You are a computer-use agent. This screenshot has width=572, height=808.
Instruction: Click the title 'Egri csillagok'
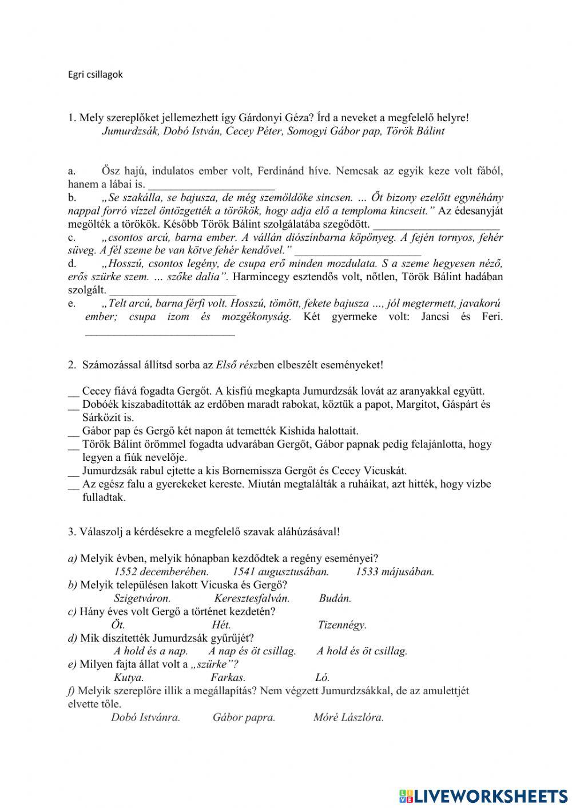(x=96, y=74)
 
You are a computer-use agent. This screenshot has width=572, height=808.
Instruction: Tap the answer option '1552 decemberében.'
(x=161, y=571)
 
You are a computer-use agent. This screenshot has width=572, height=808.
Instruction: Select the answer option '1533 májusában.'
(x=395, y=571)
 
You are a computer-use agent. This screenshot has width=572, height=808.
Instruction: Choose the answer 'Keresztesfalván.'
(x=252, y=599)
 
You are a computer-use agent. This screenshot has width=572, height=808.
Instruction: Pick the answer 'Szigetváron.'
(x=142, y=599)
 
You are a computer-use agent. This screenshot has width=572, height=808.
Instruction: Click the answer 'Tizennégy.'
(x=342, y=625)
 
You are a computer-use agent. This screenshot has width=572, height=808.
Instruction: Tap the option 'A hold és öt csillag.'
(x=362, y=651)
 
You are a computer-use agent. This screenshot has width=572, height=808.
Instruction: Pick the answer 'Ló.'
(x=323, y=678)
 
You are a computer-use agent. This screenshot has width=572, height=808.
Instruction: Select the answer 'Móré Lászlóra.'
(x=348, y=718)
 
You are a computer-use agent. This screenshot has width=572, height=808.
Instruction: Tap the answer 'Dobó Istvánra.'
(x=145, y=718)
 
